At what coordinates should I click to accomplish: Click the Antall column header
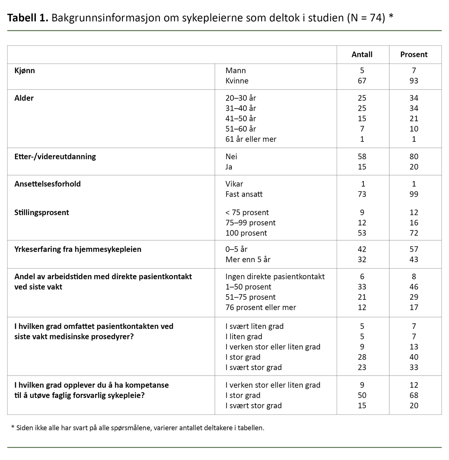click(362, 54)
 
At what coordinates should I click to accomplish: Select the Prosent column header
click(414, 54)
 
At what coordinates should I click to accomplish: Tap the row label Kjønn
click(25, 70)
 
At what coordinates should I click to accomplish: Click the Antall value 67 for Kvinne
click(362, 81)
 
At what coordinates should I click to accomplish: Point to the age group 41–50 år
click(240, 118)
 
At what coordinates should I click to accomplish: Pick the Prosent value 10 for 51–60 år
click(414, 129)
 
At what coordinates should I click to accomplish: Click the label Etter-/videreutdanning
click(55, 157)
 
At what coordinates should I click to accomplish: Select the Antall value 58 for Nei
click(362, 157)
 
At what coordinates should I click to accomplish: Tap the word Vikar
click(234, 184)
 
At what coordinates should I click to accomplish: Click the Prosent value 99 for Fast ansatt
click(414, 194)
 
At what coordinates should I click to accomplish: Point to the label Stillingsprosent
click(42, 212)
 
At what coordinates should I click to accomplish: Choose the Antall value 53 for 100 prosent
click(362, 233)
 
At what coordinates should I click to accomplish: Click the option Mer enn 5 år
click(248, 259)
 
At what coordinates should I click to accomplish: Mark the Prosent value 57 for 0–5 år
click(414, 249)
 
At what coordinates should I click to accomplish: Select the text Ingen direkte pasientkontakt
click(275, 276)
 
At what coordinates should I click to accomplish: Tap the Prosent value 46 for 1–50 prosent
click(414, 287)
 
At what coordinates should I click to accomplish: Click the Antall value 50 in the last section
click(362, 395)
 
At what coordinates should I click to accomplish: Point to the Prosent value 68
click(414, 395)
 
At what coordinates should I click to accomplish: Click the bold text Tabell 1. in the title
click(28, 18)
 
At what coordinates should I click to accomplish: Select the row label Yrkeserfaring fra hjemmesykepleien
click(78, 249)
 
